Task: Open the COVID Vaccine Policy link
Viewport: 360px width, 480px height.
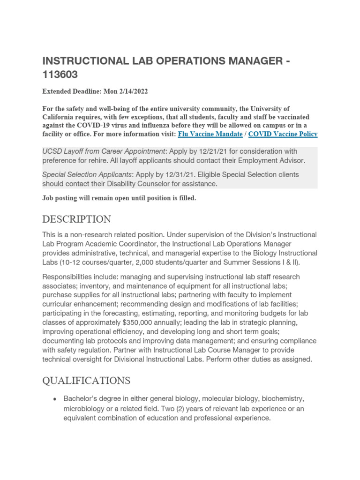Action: (283, 134)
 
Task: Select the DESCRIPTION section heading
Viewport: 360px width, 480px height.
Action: (77, 219)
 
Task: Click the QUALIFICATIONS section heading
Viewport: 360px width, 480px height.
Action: (86, 380)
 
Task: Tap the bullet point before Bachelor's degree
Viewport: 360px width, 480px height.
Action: (55, 399)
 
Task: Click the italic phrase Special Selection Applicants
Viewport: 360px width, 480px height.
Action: (84, 174)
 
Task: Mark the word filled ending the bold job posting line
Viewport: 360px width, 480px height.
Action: (186, 198)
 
